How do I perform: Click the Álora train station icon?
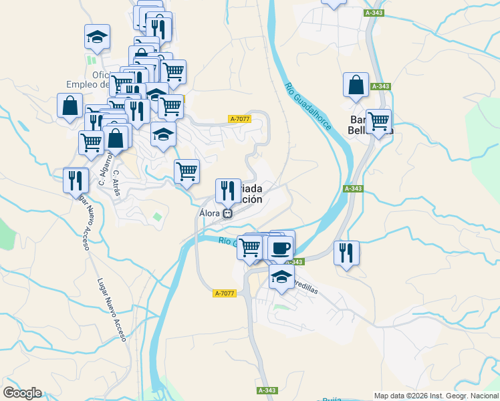228,214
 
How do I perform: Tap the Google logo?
22,393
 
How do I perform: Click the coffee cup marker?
280,248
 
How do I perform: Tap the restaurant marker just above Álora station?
228,190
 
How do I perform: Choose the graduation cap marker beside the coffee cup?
281,275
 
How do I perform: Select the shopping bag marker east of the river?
356,85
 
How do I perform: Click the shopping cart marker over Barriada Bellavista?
378,122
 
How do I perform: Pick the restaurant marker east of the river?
346,253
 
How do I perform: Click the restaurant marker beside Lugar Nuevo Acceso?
76,180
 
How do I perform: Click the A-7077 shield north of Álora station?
239,119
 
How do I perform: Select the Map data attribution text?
435,396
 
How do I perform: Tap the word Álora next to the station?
209,213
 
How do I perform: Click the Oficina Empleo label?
86,79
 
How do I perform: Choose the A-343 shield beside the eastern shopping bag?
380,86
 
